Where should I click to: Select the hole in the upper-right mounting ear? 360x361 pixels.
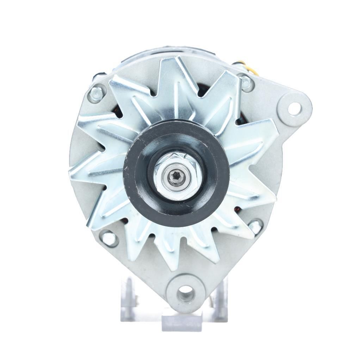point(294,108)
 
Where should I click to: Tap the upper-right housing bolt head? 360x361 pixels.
point(246,84)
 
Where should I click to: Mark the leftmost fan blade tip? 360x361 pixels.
point(72,175)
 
